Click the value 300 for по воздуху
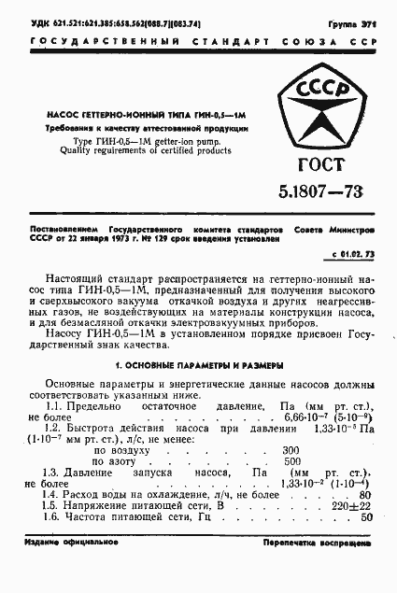point(290,450)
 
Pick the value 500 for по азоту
point(291,461)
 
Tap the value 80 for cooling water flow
point(364,495)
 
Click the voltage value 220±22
point(352,505)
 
